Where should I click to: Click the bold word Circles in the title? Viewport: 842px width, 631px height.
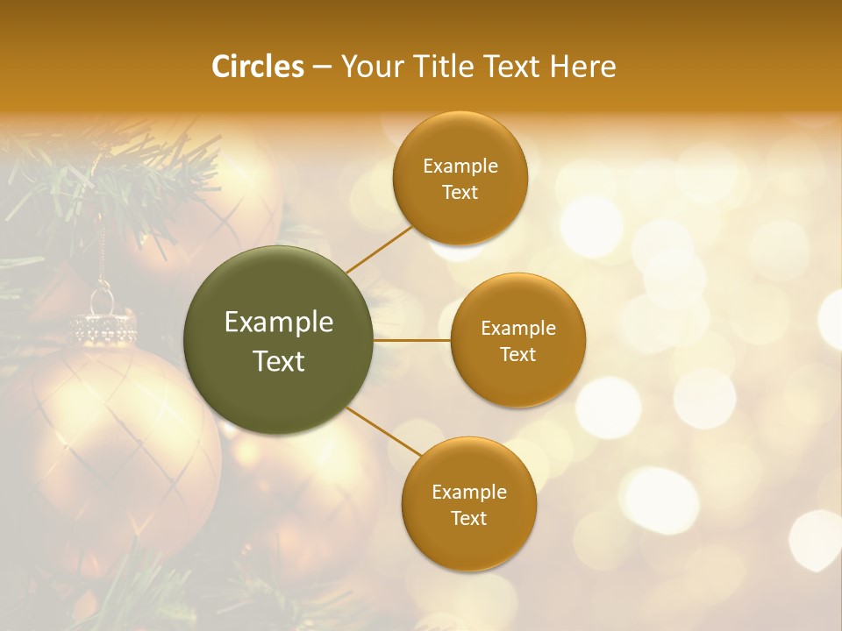tap(258, 67)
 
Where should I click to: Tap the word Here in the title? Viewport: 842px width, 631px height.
tap(582, 67)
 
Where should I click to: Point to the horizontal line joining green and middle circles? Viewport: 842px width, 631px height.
tap(412, 340)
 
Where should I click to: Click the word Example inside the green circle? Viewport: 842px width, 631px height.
tap(279, 323)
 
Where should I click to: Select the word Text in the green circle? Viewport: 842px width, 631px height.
tap(279, 361)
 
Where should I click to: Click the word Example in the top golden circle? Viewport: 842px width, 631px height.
tap(460, 167)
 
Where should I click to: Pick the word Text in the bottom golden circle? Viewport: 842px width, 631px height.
tap(468, 518)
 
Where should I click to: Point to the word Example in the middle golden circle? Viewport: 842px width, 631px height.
tap(517, 329)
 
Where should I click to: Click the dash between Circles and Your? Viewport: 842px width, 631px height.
tap(322, 67)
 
